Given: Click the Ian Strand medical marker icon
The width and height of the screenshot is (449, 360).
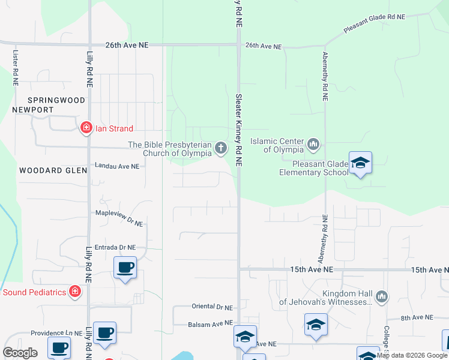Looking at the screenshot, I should [86, 128].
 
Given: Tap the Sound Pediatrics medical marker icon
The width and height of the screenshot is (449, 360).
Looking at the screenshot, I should [75, 292].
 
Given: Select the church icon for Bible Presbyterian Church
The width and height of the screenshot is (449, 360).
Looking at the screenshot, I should [221, 148].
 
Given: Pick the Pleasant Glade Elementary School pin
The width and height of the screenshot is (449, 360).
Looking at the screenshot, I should [360, 163].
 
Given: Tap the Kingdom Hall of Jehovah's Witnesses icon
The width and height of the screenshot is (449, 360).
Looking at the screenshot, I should [381, 296].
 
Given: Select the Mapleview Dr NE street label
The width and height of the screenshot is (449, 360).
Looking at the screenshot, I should [119, 217].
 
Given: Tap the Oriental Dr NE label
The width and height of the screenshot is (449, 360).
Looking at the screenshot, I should [212, 307].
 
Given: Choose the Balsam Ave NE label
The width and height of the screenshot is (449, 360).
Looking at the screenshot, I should [210, 323].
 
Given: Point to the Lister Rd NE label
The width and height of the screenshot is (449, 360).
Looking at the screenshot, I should [16, 67].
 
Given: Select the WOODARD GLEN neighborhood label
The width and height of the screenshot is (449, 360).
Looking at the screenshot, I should [49, 170].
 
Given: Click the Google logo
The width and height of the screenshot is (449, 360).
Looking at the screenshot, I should [20, 352].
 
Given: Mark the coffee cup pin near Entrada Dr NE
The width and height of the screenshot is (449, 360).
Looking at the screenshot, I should [125, 268].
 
